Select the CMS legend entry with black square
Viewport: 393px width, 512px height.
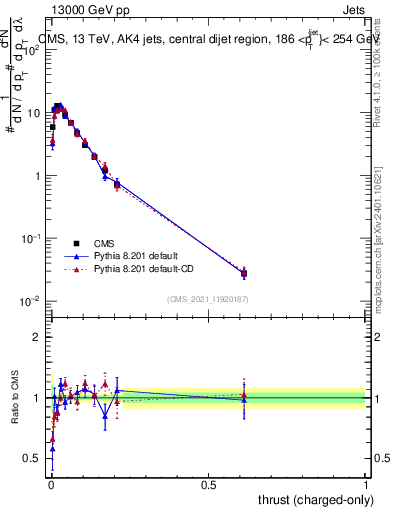76,243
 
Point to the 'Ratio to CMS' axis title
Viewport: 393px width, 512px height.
15,398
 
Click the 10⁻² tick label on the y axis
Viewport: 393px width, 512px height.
31,301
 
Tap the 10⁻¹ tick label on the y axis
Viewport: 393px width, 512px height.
31,239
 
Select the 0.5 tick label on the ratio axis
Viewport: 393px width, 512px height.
33,459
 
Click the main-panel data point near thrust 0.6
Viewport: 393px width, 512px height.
244,273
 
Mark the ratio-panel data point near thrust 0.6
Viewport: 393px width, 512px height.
244,398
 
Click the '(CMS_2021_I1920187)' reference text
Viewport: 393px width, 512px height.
207,299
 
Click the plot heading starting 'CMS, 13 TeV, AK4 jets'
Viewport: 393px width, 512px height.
210,39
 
